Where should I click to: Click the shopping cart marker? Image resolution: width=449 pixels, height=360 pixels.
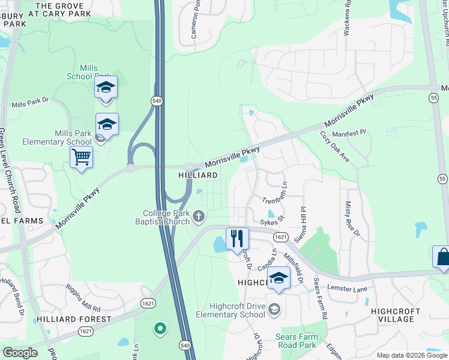81,158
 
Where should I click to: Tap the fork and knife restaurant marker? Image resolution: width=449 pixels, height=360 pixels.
237,238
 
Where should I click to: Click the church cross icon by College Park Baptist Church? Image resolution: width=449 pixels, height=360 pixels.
199,215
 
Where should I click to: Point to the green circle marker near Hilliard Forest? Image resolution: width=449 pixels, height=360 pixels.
160,328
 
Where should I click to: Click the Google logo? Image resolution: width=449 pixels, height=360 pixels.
19,353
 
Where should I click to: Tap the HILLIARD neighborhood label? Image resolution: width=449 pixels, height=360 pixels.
197,175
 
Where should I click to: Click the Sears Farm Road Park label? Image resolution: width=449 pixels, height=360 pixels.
295,341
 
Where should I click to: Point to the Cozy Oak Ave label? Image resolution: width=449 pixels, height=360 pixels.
335,147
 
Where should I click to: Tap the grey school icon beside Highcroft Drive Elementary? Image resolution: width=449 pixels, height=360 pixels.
274,310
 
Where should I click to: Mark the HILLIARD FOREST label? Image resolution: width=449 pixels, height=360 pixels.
74,319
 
